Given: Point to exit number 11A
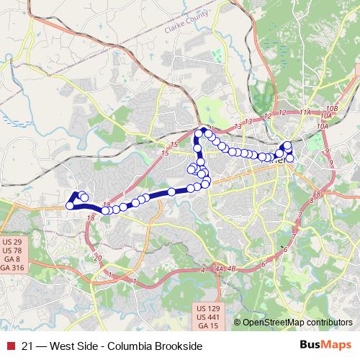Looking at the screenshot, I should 305,112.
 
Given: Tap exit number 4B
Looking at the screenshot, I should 231,270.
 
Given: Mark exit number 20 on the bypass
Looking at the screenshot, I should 99,256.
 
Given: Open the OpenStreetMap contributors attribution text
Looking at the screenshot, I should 297,323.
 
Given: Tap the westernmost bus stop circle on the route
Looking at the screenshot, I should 70,206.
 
